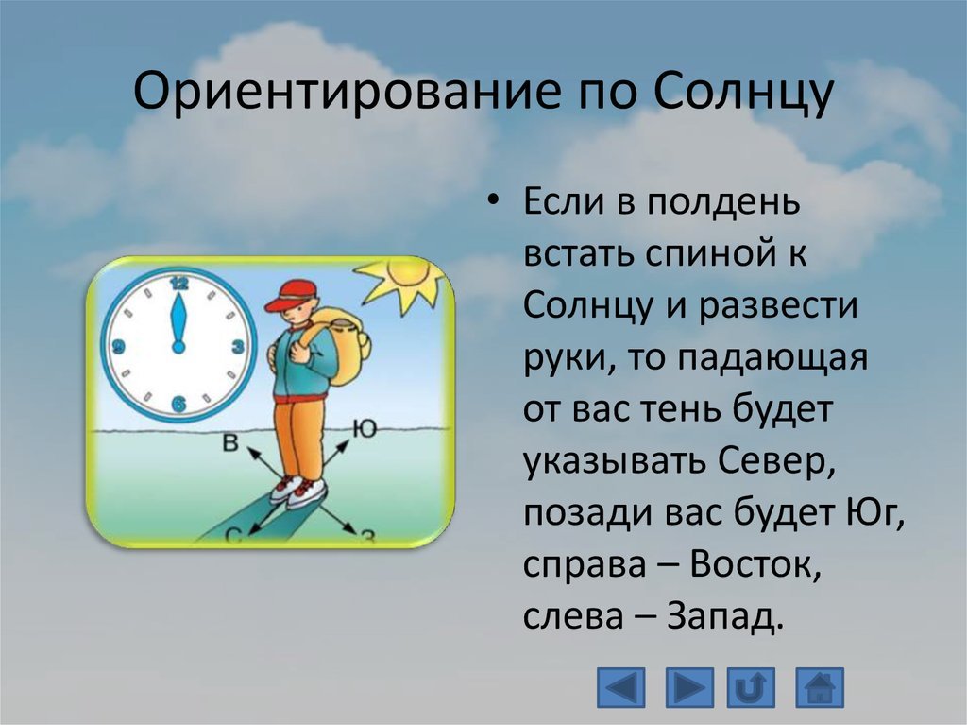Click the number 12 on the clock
(x=178, y=284)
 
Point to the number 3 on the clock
(x=237, y=347)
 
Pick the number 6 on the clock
(x=178, y=405)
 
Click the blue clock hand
(x=178, y=322)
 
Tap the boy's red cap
(x=291, y=295)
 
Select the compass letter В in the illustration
(x=230, y=442)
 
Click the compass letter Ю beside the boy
(x=365, y=428)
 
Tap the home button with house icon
(x=819, y=687)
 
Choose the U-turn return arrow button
(x=751, y=687)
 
